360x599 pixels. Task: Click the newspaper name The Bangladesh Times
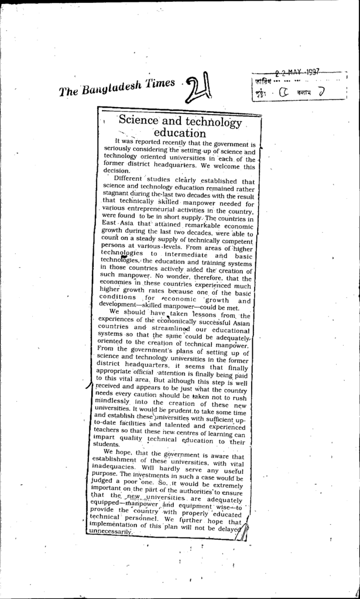point(117,87)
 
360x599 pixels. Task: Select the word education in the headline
point(180,133)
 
